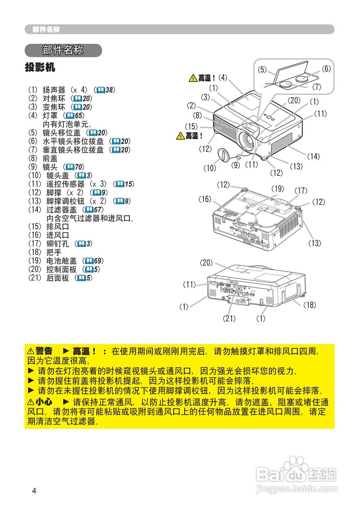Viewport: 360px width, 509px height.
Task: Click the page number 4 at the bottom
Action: pos(34,491)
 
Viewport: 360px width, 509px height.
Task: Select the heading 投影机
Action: pos(40,68)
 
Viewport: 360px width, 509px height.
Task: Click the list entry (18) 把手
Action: pos(45,252)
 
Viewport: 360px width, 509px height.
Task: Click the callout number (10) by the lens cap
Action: pos(210,168)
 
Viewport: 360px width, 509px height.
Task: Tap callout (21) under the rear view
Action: pos(230,318)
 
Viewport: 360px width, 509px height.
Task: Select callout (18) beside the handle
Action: pos(310,305)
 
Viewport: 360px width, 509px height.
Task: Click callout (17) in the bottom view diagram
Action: pos(301,191)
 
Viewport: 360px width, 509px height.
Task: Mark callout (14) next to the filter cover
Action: pos(313,157)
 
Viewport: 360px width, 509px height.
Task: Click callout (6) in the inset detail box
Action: pos(326,69)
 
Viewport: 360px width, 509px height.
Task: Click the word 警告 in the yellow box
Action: pos(44,351)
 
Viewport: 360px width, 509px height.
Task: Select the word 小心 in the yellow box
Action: pos(44,402)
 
